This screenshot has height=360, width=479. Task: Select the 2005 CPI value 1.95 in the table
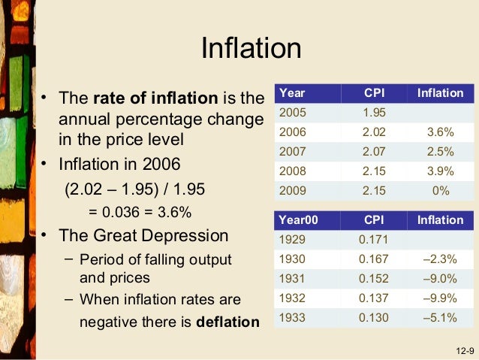point(373,113)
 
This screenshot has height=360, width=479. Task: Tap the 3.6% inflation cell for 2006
point(441,132)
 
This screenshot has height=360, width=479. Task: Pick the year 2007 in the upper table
point(293,152)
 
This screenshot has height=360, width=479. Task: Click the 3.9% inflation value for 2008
point(441,171)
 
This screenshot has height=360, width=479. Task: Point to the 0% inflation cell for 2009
point(441,191)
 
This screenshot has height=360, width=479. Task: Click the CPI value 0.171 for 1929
point(373,240)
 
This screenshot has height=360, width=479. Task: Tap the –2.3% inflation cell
point(440,259)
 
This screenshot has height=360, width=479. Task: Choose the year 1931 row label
point(293,279)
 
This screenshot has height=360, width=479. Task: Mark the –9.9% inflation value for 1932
point(440,298)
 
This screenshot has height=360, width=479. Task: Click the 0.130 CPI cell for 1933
point(373,318)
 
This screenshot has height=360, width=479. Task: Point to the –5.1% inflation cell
point(440,318)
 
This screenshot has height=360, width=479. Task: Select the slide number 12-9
point(464,351)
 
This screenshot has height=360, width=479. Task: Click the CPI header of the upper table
point(373,93)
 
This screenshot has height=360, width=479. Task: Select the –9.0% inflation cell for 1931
point(440,279)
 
